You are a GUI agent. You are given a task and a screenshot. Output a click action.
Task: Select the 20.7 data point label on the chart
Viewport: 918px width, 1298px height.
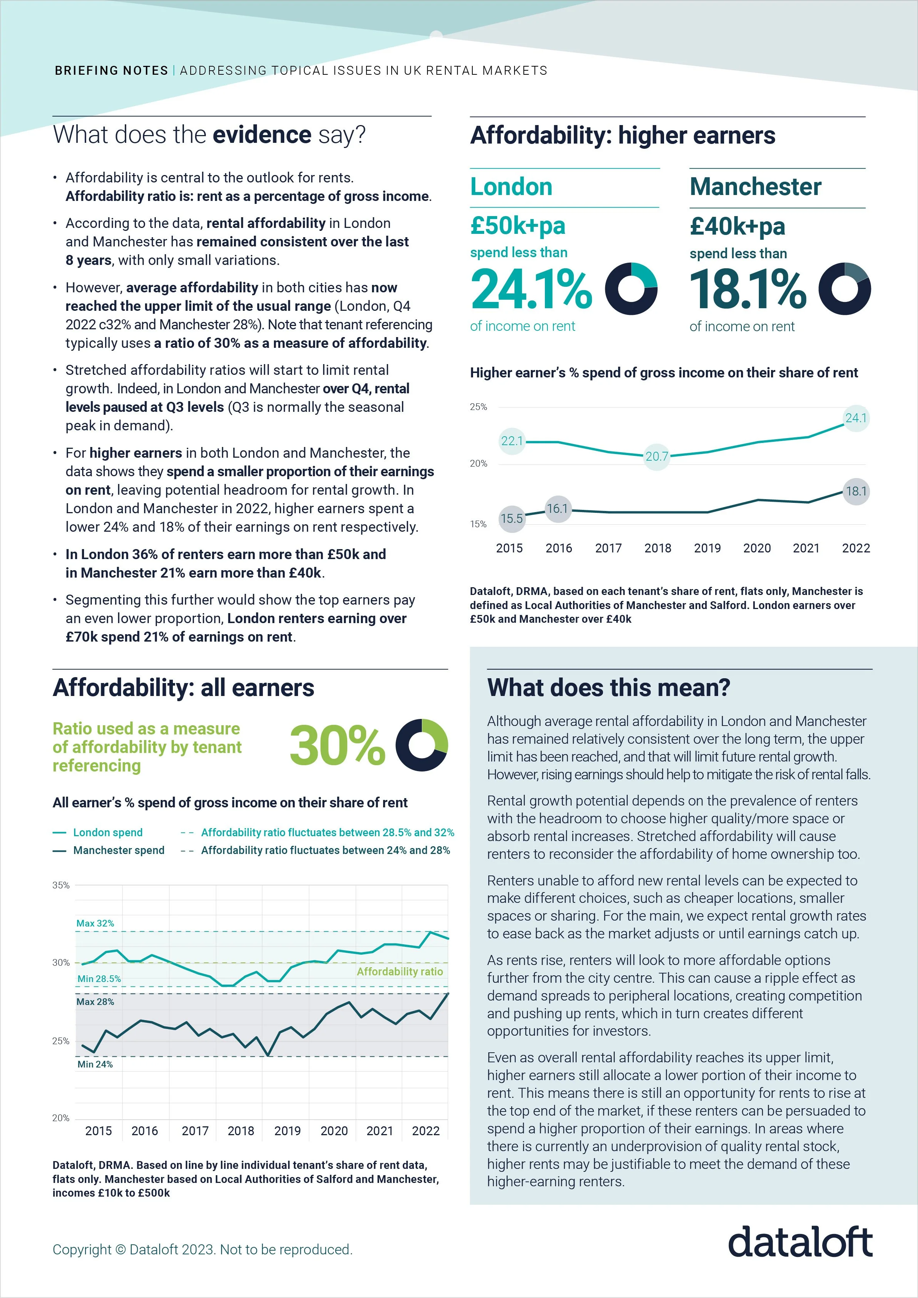pos(657,456)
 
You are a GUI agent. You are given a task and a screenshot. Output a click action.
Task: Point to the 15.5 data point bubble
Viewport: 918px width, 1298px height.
pos(511,518)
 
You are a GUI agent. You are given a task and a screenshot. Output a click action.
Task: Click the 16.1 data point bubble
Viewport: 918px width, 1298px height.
pos(557,509)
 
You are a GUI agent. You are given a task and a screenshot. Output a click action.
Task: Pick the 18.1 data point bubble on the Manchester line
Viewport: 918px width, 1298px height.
pos(856,491)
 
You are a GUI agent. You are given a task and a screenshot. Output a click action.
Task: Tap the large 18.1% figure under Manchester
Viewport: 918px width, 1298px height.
pos(748,289)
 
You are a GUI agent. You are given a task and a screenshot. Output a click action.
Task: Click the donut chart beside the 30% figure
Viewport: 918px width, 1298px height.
pos(421,744)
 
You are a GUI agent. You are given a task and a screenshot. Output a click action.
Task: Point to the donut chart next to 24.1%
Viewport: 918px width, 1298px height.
pos(631,289)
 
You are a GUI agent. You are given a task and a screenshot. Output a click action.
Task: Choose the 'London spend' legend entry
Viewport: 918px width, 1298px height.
pos(107,832)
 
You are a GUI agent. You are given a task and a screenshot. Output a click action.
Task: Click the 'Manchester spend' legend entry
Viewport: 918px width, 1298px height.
pos(118,850)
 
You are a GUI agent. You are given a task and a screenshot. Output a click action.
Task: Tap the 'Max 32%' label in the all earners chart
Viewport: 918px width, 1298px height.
pos(95,923)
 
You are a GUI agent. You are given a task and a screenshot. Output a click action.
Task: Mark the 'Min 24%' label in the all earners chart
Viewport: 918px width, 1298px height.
pos(95,1064)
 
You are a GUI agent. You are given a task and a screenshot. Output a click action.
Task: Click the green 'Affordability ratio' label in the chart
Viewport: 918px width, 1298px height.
pos(399,971)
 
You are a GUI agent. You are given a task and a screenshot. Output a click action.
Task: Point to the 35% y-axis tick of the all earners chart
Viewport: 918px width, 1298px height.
pos(61,885)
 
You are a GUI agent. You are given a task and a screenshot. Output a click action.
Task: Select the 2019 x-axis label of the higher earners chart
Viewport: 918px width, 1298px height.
pos(707,548)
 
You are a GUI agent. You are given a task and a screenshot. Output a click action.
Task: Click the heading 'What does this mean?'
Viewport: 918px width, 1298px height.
pos(609,688)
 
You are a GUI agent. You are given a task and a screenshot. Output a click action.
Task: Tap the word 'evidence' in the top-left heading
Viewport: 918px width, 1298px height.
pos(262,135)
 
